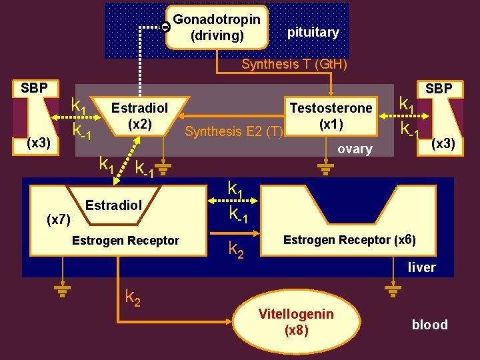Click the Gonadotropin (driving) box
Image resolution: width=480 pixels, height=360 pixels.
tap(217, 27)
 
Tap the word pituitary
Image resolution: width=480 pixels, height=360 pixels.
tap(313, 32)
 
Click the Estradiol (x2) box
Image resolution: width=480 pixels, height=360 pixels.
tap(139, 116)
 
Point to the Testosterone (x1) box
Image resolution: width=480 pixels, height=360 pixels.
tap(331, 116)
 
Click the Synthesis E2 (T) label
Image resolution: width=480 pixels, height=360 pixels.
tap(234, 131)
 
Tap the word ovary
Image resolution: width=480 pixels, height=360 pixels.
tap(355, 149)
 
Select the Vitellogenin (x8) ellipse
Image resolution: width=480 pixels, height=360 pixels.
tap(296, 322)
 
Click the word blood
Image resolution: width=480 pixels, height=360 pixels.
tap(429, 325)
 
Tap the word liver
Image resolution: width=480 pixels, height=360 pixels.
tap(421, 267)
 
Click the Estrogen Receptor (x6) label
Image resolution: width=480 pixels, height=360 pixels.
tap(349, 240)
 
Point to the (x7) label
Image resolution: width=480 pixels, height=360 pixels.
tap(58, 219)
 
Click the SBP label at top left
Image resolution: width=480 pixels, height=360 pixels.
tap(34, 88)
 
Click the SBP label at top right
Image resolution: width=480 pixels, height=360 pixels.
tap(439, 88)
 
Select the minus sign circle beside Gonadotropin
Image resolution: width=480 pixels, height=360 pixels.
tap(165, 27)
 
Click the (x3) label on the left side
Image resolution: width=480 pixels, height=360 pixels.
tap(38, 143)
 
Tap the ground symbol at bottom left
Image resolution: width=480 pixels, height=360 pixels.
tap(63, 290)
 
